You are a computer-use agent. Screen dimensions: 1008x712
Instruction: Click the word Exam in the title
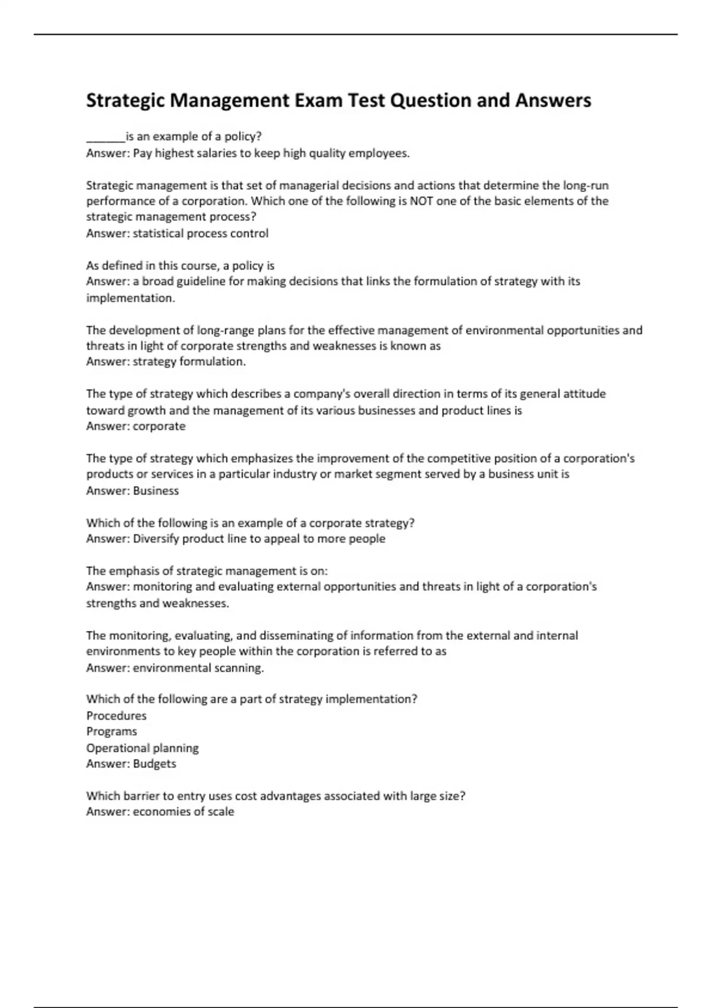[318, 100]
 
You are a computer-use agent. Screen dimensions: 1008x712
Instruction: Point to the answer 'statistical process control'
[201, 233]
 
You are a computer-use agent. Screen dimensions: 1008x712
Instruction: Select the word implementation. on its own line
[131, 298]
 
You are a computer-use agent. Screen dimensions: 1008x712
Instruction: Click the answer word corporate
[159, 426]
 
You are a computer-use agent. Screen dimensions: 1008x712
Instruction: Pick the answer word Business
[155, 490]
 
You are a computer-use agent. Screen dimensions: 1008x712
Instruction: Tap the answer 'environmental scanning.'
[198, 668]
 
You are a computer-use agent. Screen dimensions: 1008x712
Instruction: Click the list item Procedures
[116, 716]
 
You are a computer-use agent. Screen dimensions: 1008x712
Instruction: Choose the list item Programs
[112, 732]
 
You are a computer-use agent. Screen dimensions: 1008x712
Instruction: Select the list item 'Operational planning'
[142, 748]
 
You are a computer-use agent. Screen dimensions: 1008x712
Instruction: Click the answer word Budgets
[154, 764]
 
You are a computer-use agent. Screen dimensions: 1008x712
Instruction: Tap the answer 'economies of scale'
[183, 812]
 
